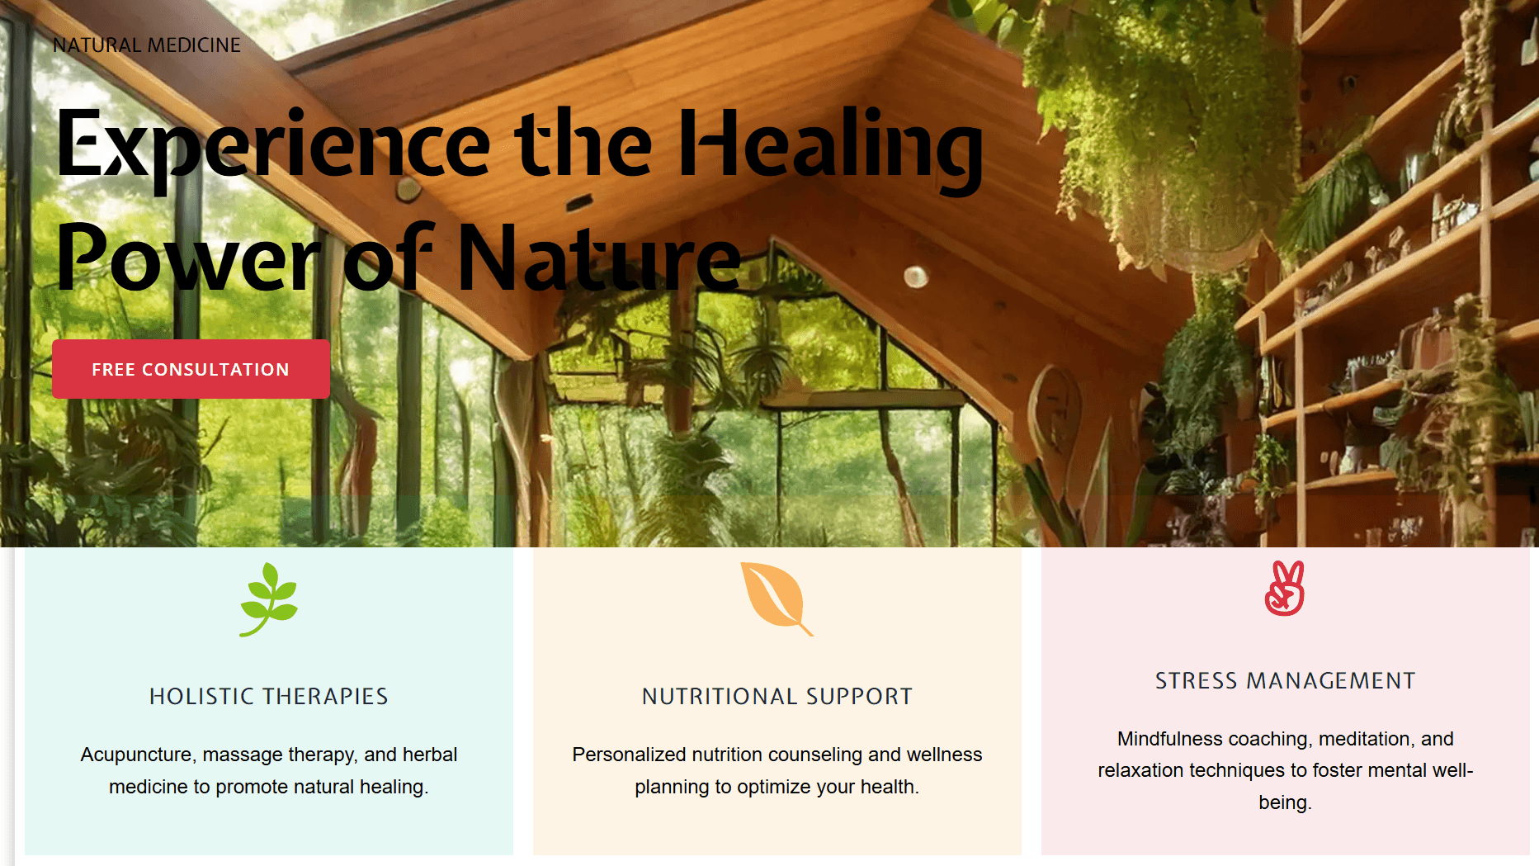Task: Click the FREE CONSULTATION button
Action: click(x=191, y=369)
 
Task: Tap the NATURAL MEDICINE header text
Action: click(x=147, y=45)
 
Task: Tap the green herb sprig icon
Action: click(x=269, y=599)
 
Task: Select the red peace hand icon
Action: click(x=1285, y=589)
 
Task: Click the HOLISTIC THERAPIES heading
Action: click(x=269, y=697)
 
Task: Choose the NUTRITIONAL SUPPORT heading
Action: click(x=777, y=697)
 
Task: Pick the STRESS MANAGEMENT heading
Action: click(x=1286, y=681)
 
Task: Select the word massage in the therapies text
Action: click(x=238, y=755)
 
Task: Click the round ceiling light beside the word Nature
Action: click(x=916, y=277)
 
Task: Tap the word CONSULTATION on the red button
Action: click(x=215, y=370)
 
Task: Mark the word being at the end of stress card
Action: click(x=1285, y=803)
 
